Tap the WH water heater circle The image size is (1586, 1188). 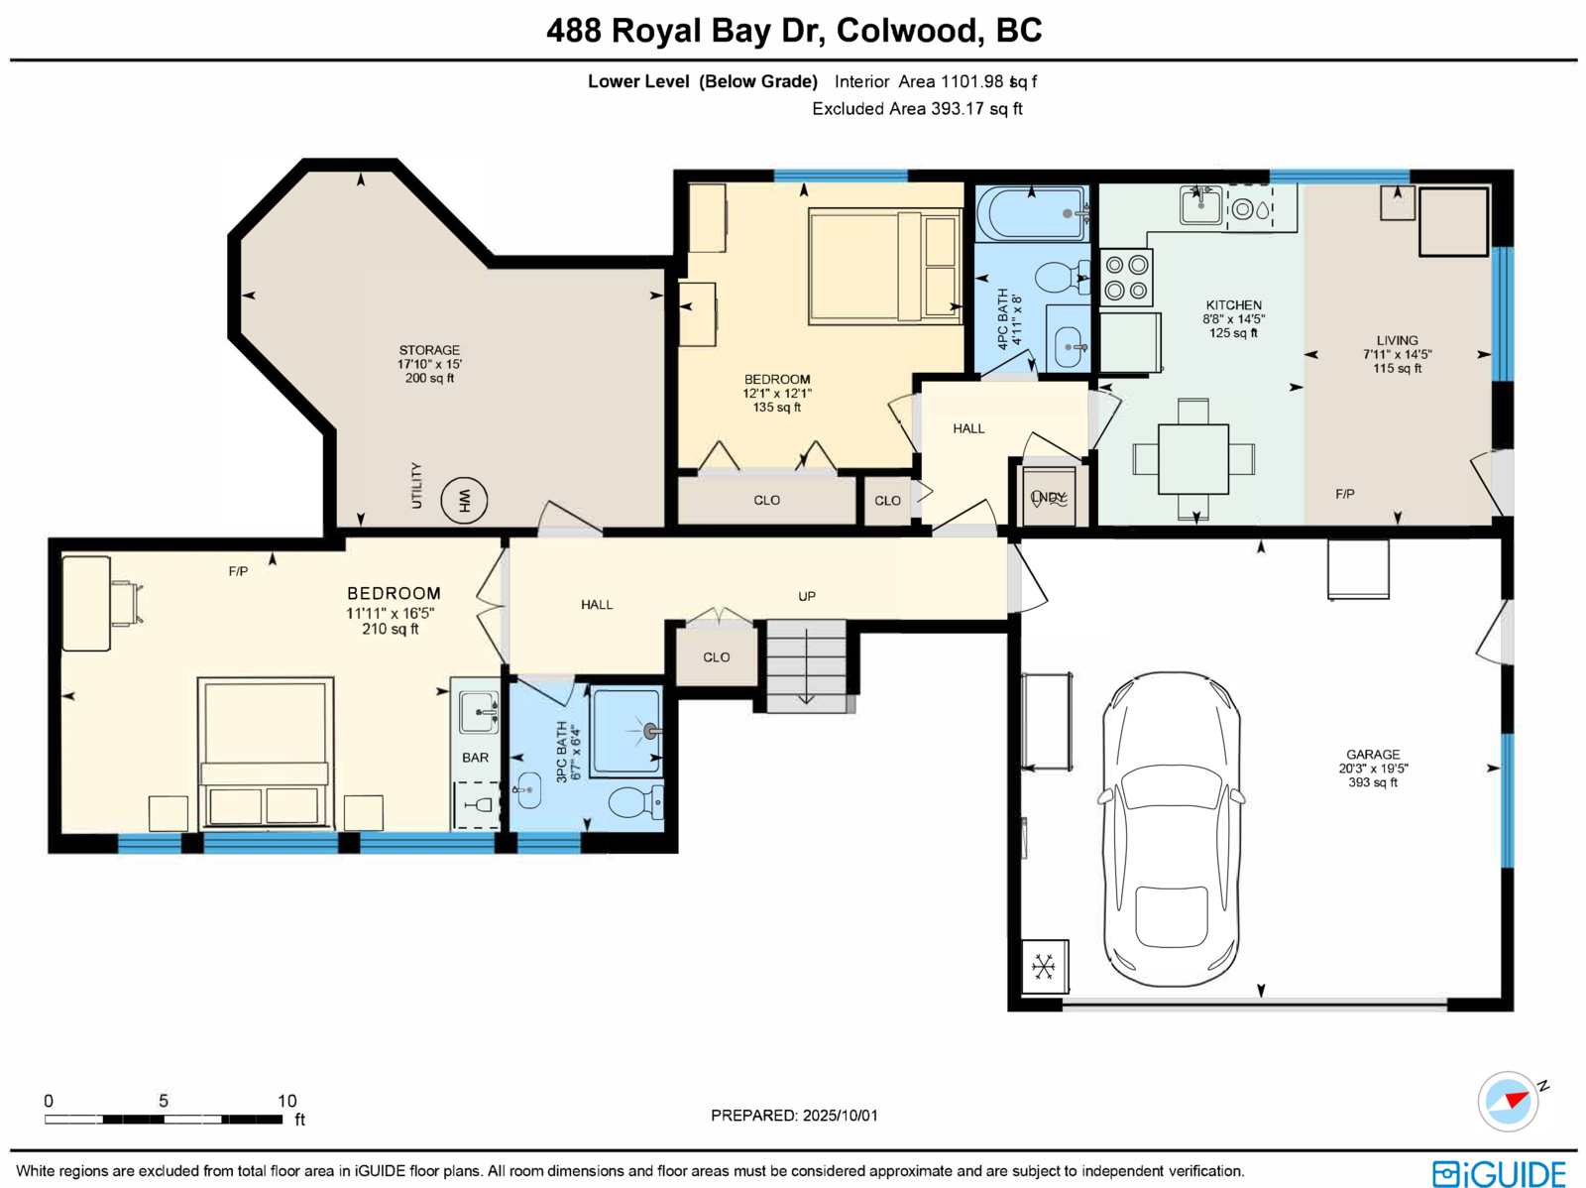464,500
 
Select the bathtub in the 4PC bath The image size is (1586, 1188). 1032,213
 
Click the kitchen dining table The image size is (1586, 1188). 1193,458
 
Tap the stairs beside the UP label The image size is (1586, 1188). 807,665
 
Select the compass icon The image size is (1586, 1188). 1508,1101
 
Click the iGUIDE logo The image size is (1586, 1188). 1499,1173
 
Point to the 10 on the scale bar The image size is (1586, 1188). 286,1101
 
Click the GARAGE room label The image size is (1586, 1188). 1373,755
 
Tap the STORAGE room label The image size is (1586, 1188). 429,350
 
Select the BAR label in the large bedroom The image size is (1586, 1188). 475,758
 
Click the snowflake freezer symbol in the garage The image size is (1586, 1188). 1044,966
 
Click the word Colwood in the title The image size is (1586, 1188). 906,31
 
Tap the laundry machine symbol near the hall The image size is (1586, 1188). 1049,497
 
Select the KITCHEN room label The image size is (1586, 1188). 1233,305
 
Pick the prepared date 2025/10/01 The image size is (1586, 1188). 841,1116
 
